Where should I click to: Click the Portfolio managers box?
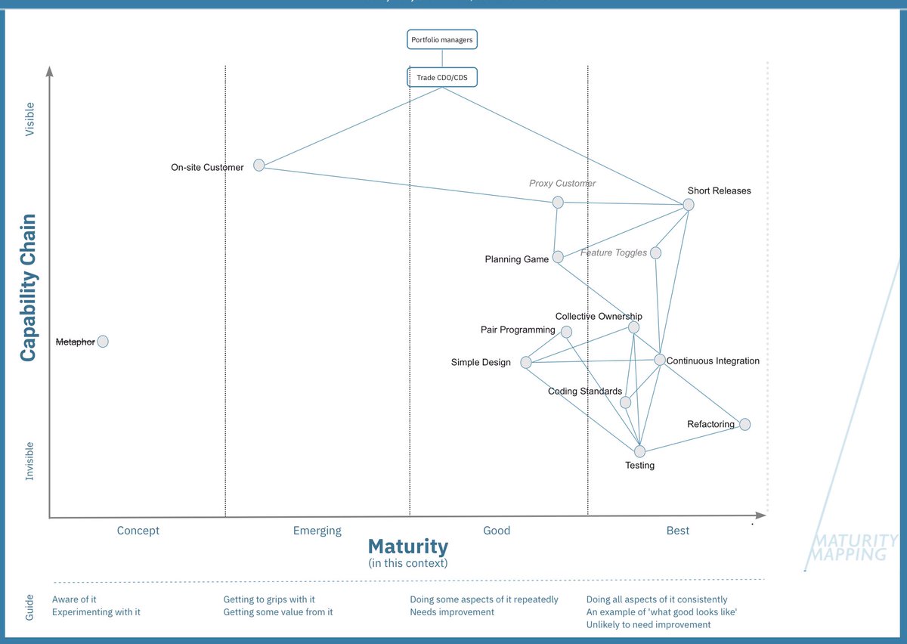[443, 39]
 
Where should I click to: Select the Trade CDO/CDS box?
[442, 77]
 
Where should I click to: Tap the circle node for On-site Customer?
[259, 165]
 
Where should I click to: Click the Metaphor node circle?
[103, 342]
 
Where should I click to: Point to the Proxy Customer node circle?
[558, 202]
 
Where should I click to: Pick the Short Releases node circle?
[689, 204]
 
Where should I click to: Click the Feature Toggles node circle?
[655, 252]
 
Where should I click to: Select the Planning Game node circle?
[558, 257]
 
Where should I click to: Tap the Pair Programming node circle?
[566, 332]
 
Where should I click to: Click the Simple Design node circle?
[526, 363]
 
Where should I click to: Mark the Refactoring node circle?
[744, 424]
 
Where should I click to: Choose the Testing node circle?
[640, 451]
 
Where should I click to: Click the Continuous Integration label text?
[713, 361]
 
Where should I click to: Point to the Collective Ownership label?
[599, 317]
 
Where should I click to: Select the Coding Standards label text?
[585, 392]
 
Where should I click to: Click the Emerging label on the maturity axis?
[317, 531]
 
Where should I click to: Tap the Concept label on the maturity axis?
[138, 531]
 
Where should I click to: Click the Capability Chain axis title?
[28, 287]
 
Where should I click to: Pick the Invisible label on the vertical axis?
[30, 461]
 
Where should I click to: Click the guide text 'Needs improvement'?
[452, 612]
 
